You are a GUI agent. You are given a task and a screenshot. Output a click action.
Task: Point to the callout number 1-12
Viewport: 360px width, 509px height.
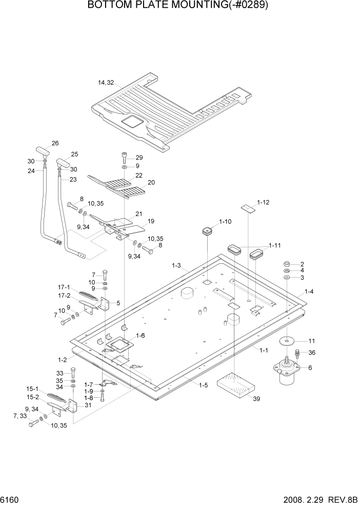pos(263,203)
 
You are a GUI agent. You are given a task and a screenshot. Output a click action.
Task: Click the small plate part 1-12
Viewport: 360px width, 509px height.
pos(248,207)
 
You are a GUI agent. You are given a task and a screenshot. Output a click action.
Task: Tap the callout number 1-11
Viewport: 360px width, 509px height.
pos(275,246)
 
